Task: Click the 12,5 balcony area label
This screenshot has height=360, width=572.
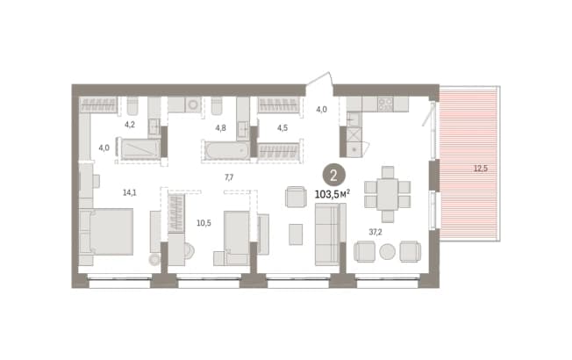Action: tap(481, 169)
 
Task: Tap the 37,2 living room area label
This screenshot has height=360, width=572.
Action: tap(375, 232)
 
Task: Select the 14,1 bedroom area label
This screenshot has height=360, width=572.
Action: tap(130, 192)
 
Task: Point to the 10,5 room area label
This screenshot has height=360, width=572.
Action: tap(204, 223)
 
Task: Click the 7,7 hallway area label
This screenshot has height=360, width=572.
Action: tap(229, 177)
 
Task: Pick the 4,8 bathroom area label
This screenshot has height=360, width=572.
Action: tap(221, 127)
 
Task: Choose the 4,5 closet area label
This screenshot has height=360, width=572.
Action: tap(282, 127)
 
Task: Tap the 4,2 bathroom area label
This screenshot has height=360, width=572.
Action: tap(130, 125)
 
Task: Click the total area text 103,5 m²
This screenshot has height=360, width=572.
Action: tap(332, 194)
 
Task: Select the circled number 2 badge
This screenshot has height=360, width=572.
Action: tap(333, 176)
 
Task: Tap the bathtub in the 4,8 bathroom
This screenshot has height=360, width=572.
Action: tap(227, 150)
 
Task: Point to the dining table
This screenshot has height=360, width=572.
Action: tap(388, 194)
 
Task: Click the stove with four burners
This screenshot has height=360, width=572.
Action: tap(385, 104)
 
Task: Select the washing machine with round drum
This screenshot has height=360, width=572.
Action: tap(193, 104)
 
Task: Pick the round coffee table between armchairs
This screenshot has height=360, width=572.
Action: tap(387, 252)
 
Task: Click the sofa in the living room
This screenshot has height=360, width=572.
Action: tap(331, 234)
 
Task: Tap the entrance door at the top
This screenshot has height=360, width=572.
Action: tap(319, 80)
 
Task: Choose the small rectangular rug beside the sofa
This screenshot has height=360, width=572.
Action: tap(296, 234)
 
